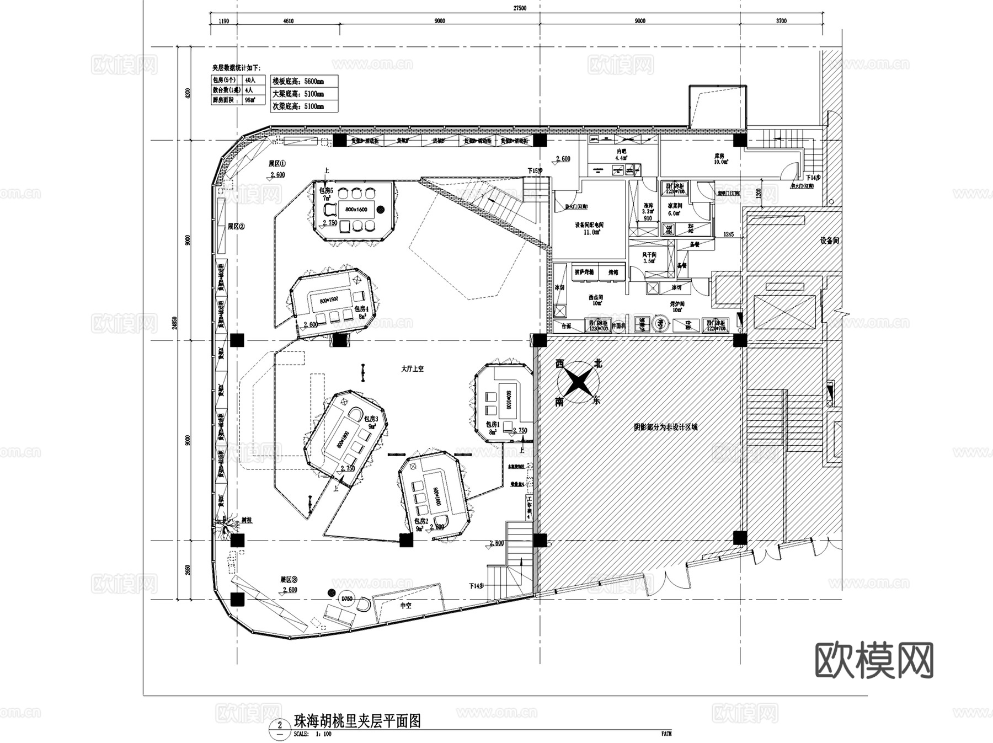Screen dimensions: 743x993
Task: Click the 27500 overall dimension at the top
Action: tap(519, 8)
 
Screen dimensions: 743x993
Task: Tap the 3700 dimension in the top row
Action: tap(781, 21)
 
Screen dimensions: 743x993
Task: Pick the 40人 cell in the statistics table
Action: tap(250, 80)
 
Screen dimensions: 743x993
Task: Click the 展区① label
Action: tap(277, 164)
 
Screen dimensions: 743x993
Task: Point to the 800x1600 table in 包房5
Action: tap(356, 210)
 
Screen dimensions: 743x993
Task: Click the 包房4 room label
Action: tap(361, 309)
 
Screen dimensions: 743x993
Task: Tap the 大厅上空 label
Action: tap(412, 368)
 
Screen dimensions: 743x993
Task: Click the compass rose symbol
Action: tap(578, 382)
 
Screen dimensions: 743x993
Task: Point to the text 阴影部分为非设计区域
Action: tap(665, 427)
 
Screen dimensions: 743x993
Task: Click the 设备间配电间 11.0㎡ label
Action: tap(589, 228)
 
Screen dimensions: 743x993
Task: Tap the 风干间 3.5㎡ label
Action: tap(649, 258)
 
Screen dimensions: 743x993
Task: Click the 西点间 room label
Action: tap(596, 300)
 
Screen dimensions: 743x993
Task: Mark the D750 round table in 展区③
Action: tap(346, 599)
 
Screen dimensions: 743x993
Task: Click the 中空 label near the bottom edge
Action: tap(406, 605)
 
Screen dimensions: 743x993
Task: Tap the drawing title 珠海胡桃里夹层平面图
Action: tap(357, 721)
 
